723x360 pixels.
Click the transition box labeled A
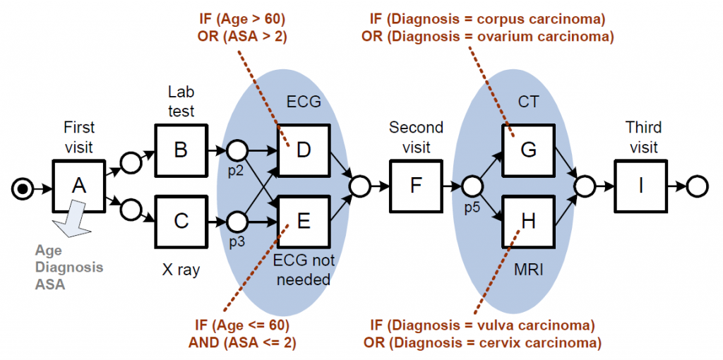tap(80, 186)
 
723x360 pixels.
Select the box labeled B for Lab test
tap(181, 150)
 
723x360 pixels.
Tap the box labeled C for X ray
tap(181, 221)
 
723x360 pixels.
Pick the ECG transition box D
tap(304, 150)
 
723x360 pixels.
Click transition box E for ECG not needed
tap(304, 221)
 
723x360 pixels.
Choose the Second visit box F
tap(416, 186)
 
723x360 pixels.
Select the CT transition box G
tap(528, 150)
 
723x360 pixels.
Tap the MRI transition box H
tap(528, 221)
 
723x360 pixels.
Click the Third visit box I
tap(640, 186)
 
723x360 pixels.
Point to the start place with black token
tap(24, 188)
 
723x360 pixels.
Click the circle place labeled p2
tap(237, 150)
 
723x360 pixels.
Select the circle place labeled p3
tap(237, 222)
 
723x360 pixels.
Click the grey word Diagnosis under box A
tap(70, 268)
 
